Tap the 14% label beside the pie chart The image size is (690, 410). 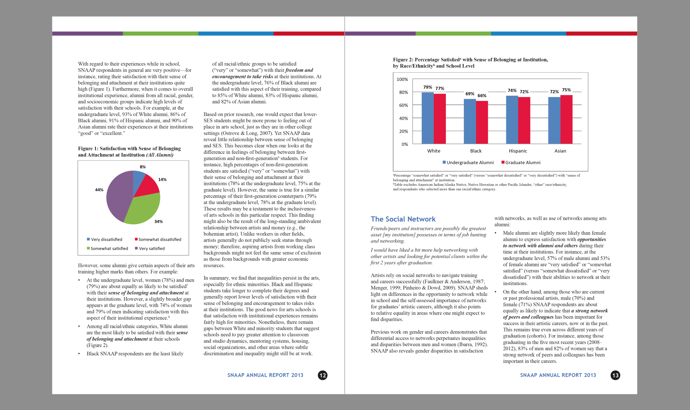tap(162, 180)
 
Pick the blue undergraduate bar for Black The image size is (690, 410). tap(470, 122)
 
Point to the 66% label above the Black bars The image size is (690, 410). tap(482, 96)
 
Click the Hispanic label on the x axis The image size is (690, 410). tap(518, 151)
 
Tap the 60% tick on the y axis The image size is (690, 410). tap(404, 105)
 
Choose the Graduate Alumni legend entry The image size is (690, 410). tap(521, 163)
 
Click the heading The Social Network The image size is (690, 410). tap(403, 219)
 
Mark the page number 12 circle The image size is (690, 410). tap(323, 375)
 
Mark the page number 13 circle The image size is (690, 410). tap(615, 375)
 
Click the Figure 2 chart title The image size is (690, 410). tap(470, 63)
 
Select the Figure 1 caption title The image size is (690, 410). tap(129, 152)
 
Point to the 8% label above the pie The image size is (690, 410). tap(143, 167)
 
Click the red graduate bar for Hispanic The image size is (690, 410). tap(524, 120)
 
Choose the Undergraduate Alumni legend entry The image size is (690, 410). tap(468, 163)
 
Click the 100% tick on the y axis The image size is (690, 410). tap(402, 79)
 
